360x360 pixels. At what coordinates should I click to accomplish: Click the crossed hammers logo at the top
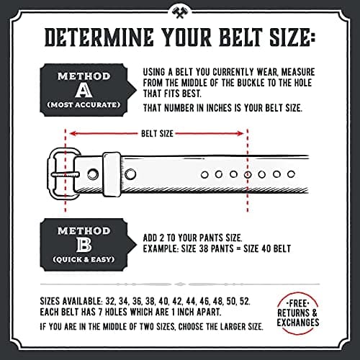[x=179, y=11]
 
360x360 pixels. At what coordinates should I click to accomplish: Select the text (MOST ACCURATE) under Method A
[x=84, y=105]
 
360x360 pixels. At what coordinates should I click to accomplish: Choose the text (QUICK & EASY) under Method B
[x=84, y=258]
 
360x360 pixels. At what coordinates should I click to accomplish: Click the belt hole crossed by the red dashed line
[x=248, y=174]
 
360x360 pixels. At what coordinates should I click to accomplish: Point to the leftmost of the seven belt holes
[x=204, y=174]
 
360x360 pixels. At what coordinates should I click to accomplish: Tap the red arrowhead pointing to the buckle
[x=73, y=132]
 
